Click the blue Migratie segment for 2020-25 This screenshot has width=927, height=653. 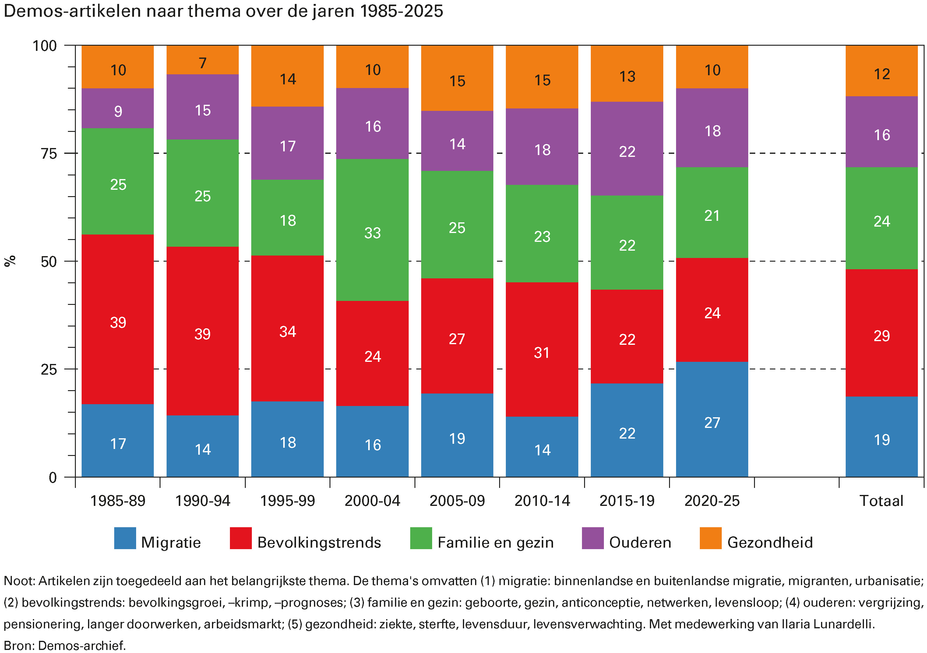[711, 420]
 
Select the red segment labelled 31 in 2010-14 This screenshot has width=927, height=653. [542, 349]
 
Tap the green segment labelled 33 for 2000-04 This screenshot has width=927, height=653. [372, 230]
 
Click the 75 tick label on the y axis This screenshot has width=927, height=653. [48, 154]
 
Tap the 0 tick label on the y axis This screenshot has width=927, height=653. [52, 478]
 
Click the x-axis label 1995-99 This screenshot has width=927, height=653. [287, 501]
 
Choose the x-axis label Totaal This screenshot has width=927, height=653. [881, 501]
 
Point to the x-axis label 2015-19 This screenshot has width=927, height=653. [627, 501]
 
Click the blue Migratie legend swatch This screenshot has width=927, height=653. [125, 538]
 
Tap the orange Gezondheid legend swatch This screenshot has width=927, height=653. [710, 538]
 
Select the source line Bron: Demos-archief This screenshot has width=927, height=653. [65, 645]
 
